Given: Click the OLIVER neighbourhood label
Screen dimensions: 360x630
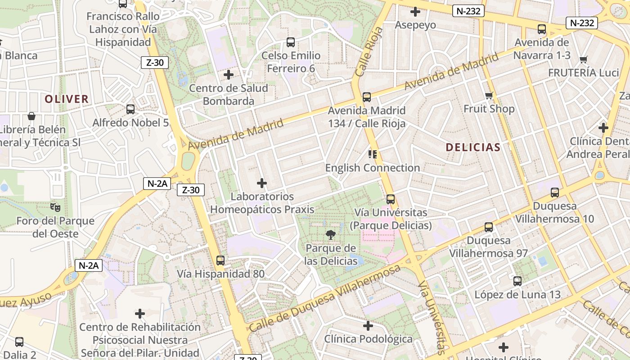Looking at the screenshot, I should (x=67, y=99).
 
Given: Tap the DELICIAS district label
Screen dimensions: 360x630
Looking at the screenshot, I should (x=473, y=147).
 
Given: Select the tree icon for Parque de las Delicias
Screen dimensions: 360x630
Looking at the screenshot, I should (x=331, y=234).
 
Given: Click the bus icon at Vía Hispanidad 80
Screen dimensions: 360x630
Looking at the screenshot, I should (x=220, y=260).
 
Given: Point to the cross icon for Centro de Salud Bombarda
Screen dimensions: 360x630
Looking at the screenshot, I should (x=229, y=74).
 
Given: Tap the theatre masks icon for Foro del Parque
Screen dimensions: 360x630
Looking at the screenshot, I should (x=55, y=207).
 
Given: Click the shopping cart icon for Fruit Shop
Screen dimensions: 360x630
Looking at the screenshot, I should (x=489, y=95).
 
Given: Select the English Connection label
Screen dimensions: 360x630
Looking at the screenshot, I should (x=373, y=168).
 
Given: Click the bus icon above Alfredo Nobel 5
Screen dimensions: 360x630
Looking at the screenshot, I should (x=130, y=109).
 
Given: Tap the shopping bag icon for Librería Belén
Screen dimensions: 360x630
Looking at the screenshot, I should (x=31, y=116).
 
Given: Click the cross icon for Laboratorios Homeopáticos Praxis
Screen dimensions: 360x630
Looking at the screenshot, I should (x=262, y=183).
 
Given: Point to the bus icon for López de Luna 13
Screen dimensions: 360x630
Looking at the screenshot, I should (x=517, y=281).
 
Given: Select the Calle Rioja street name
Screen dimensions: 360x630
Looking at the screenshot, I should (x=369, y=51).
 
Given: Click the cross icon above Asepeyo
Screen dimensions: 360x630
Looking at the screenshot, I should (x=415, y=12).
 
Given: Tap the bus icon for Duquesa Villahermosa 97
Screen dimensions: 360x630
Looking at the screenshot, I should (x=489, y=227).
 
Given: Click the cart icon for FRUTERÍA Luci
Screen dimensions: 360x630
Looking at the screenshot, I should (x=584, y=59).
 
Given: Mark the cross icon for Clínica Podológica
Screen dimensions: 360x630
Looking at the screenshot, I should (x=368, y=325).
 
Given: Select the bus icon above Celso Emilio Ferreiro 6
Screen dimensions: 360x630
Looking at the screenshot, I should (x=291, y=42).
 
